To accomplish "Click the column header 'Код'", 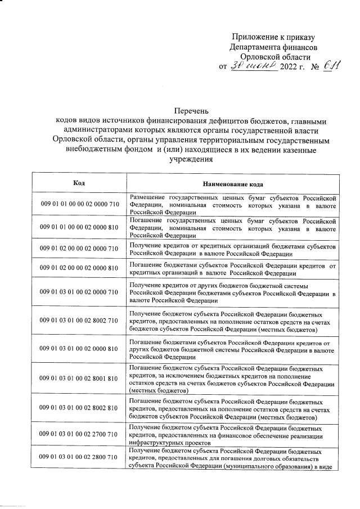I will pos(79,183).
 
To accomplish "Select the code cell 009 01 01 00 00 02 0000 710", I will pos(79,204).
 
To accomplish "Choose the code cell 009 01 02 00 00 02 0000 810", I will pos(79,268).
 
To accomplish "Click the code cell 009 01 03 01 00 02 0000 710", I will pos(79,292).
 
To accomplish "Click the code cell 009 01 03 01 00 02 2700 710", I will pos(79,434).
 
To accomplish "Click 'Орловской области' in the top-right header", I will pos(275,57).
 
